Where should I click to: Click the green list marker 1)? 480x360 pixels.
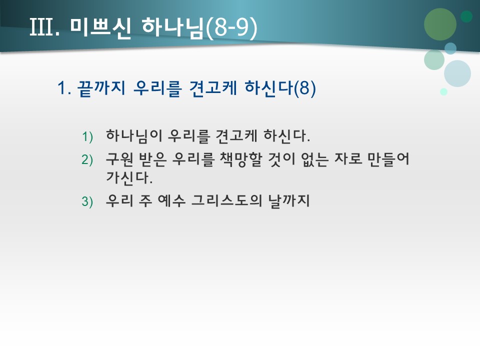pos(87,136)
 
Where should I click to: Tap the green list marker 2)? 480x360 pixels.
pos(87,159)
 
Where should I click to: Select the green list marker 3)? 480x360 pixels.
pos(87,202)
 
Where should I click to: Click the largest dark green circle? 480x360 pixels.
pos(440,24)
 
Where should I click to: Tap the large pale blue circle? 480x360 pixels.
pos(457,73)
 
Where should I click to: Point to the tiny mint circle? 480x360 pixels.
pos(443,91)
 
